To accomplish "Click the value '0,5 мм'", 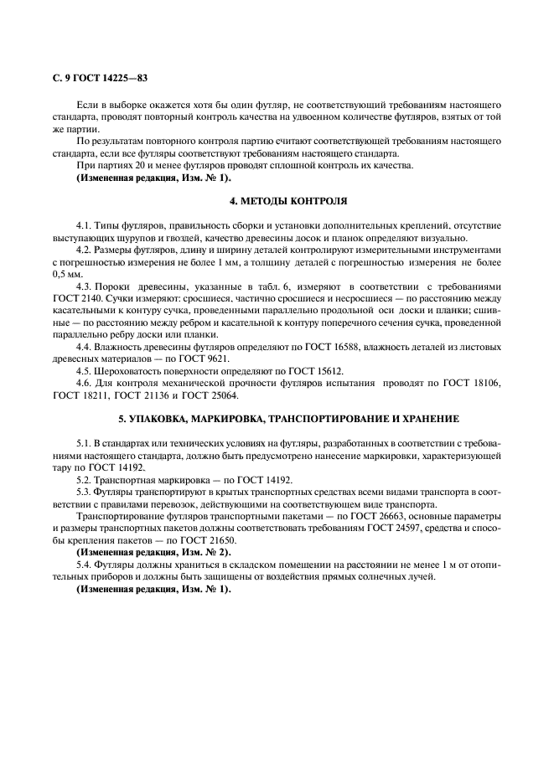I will point(67,273).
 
